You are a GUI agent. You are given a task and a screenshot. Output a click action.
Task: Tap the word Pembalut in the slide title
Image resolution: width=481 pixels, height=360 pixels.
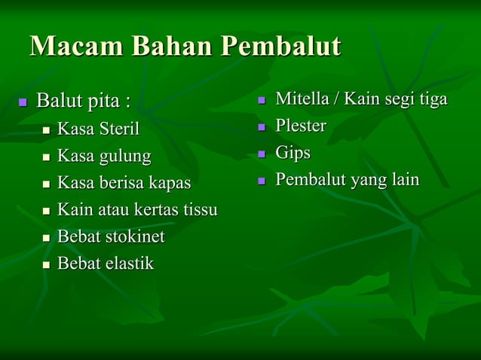click(280, 47)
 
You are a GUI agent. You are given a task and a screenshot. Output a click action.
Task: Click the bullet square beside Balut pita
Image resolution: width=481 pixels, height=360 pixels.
click(23, 101)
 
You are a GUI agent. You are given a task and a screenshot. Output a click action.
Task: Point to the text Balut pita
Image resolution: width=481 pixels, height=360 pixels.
click(83, 100)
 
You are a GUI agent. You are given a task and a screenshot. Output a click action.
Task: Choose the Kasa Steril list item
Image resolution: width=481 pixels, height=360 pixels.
click(99, 129)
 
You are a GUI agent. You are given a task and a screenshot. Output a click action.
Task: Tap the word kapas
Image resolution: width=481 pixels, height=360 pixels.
click(170, 183)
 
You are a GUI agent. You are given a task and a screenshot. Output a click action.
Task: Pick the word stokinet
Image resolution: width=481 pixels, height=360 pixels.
click(134, 236)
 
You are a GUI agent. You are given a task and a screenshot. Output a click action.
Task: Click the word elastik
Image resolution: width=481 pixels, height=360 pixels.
click(129, 264)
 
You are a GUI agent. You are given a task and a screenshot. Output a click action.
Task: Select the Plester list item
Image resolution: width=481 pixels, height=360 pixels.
click(300, 126)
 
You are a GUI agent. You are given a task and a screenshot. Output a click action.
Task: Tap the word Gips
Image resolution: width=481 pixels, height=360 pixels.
click(293, 153)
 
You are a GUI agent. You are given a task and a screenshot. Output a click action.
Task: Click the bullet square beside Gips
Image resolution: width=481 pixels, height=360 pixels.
click(262, 154)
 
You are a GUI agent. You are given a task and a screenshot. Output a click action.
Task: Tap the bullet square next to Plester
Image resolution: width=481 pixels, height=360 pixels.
click(262, 127)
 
